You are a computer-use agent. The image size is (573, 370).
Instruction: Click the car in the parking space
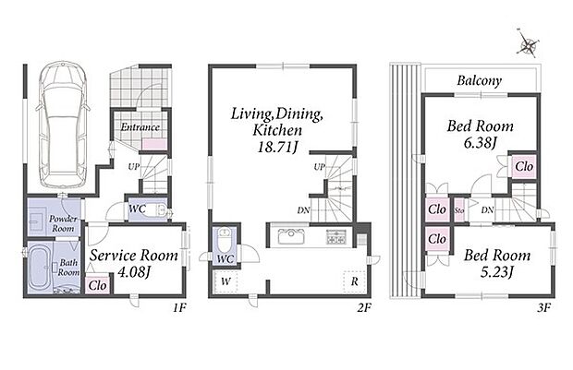click(x=63, y=124)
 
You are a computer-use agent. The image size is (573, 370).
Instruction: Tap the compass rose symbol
click(x=528, y=43)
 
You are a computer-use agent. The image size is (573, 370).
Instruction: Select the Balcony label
click(x=479, y=80)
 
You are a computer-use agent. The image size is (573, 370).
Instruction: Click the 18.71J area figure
click(x=278, y=147)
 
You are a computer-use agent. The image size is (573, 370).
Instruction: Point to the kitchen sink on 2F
click(x=291, y=236)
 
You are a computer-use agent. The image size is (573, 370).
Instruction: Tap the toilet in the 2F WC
click(x=225, y=237)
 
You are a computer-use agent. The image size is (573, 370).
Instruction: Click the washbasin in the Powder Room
click(x=37, y=221)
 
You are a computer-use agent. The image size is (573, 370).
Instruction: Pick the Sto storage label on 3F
click(x=459, y=210)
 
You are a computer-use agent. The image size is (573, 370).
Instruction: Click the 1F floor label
click(x=179, y=308)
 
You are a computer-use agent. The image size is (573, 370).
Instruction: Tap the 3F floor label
click(x=543, y=308)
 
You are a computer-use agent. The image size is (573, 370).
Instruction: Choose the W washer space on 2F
click(x=226, y=281)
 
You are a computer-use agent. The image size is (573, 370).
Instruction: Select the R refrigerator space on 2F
click(x=354, y=281)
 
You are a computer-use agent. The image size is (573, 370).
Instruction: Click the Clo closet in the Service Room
click(x=98, y=285)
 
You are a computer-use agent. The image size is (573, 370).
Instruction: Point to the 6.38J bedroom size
click(x=480, y=143)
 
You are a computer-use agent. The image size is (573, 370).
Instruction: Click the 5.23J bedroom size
click(x=496, y=272)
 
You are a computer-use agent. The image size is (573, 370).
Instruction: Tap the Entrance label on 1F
click(x=140, y=127)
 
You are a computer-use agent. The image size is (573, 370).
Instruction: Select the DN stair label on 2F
click(x=304, y=210)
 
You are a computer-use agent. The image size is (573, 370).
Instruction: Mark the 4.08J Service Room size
click(x=134, y=272)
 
